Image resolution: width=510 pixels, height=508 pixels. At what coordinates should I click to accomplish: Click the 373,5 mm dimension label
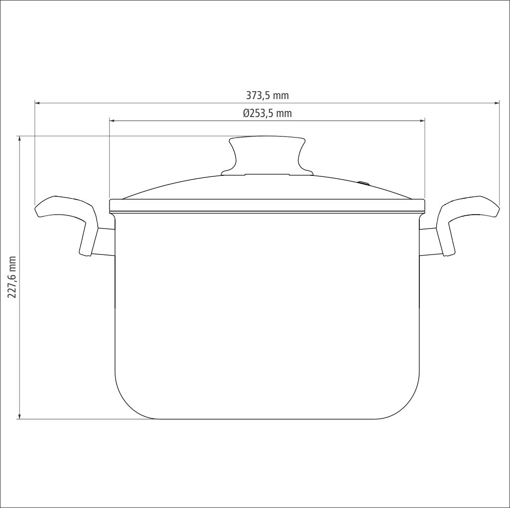[x=267, y=96]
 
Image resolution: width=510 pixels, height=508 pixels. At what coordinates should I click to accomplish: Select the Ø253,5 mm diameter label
[x=267, y=113]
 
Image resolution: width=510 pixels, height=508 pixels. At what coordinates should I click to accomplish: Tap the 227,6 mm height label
[x=12, y=277]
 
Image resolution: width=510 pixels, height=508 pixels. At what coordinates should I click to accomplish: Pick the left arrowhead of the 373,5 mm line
[x=37, y=103]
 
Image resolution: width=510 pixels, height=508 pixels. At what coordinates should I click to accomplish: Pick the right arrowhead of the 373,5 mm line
[x=497, y=103]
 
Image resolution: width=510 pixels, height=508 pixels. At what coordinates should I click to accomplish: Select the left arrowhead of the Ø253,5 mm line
[x=112, y=121]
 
